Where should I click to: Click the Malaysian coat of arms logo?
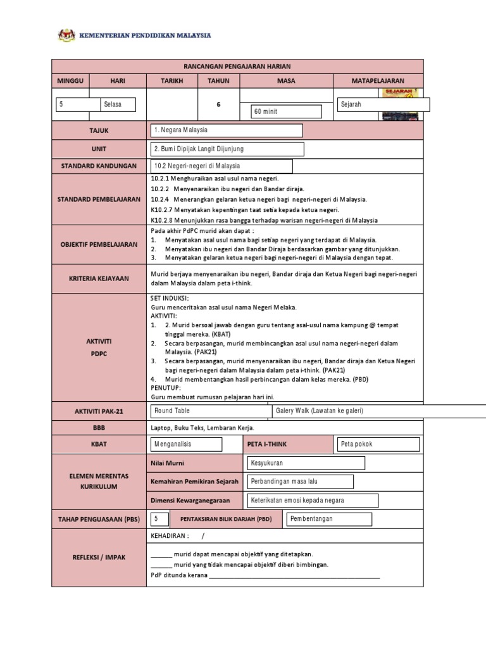click(66, 35)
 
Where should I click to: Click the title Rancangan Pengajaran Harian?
click(237, 66)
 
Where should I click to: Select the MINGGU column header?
click(71, 81)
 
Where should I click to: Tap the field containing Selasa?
click(118, 104)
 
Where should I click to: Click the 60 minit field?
click(287, 112)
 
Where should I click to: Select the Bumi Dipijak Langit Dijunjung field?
click(227, 149)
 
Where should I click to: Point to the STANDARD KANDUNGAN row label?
click(99, 166)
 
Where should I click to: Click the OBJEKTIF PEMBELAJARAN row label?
click(99, 244)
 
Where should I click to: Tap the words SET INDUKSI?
click(169, 297)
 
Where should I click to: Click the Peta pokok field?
click(379, 444)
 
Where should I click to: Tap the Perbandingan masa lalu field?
click(300, 482)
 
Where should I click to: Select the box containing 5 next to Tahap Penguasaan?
click(159, 519)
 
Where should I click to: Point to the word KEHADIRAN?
click(170, 535)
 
